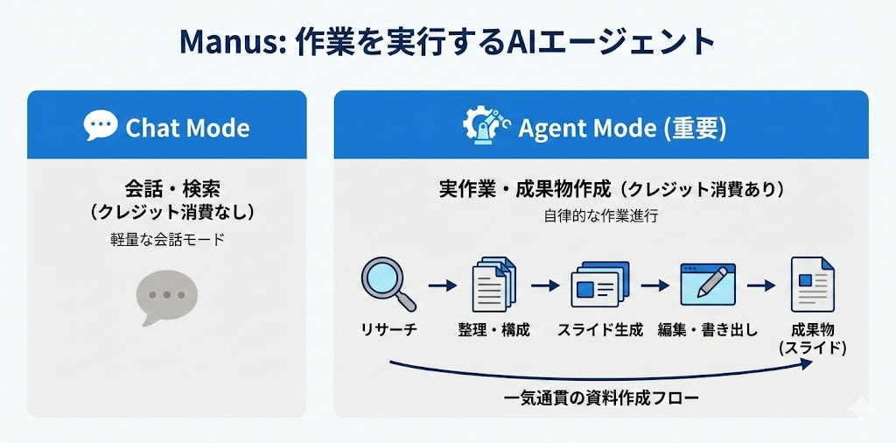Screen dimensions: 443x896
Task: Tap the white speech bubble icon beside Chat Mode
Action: (101, 126)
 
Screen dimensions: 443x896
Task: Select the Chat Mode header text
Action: (187, 128)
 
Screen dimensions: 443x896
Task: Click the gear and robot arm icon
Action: (485, 127)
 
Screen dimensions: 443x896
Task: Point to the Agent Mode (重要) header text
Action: (622, 128)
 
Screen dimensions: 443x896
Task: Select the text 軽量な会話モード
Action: (167, 239)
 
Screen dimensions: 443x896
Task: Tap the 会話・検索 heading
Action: (167, 189)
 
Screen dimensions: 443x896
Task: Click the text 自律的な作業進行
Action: (600, 216)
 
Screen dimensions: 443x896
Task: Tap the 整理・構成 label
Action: (493, 330)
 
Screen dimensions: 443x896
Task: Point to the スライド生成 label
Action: (600, 330)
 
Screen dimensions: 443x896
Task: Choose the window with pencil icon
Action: (708, 284)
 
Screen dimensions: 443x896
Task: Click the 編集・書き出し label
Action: (708, 330)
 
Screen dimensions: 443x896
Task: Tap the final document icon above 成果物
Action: (812, 284)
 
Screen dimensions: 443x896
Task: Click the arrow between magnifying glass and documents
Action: (443, 285)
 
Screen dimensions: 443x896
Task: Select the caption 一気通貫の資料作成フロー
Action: (602, 398)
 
